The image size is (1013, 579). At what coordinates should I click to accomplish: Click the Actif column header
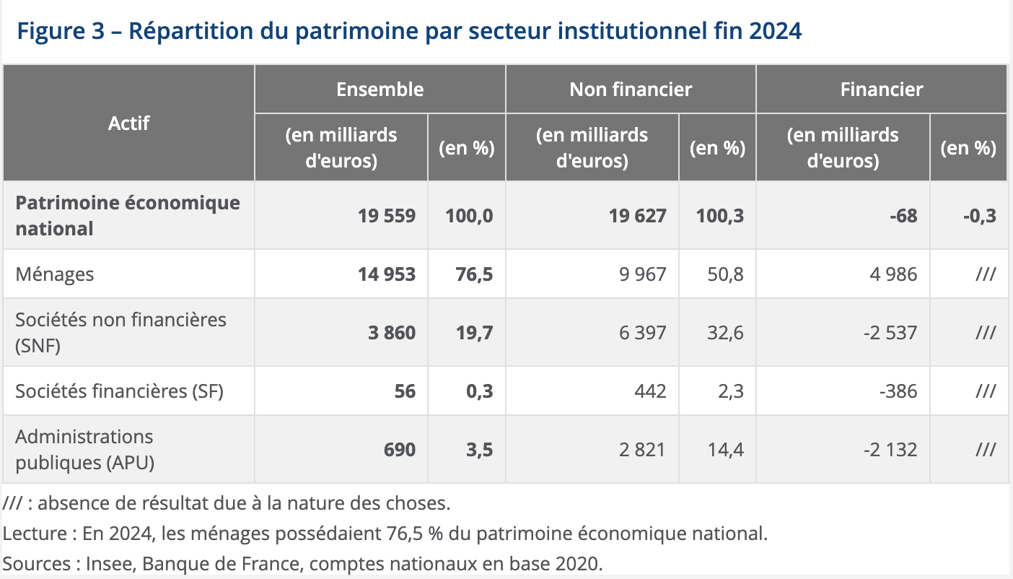point(128,123)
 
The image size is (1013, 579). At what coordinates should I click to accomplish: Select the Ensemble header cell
point(380,89)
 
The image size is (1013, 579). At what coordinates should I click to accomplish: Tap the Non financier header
point(631,89)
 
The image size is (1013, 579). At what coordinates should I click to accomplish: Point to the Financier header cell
point(881,89)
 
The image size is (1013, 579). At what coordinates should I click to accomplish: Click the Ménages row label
point(55,274)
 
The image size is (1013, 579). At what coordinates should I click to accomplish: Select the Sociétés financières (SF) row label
point(119,391)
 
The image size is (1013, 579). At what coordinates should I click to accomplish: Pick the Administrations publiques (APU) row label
point(84,449)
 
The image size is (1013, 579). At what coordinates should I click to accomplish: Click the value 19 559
point(387,215)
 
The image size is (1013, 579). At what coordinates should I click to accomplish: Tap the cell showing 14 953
point(387,274)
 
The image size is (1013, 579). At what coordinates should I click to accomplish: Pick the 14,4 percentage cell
point(725,450)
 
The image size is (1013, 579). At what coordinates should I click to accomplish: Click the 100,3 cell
point(720,215)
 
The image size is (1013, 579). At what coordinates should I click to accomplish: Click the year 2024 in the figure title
point(776,31)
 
